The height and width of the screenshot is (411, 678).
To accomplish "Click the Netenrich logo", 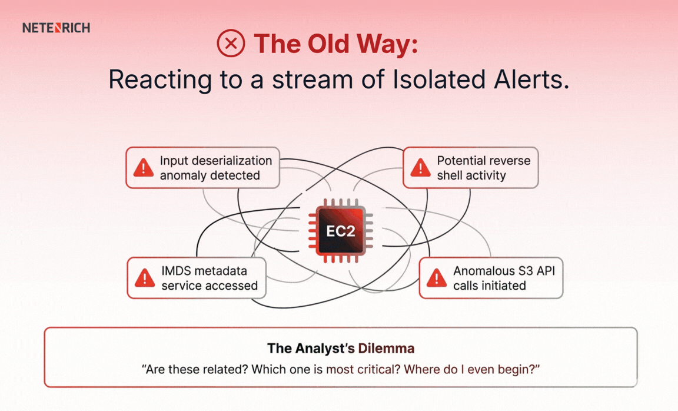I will pyautogui.click(x=56, y=28).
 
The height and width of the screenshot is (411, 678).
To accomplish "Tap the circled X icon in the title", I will pyautogui.click(x=231, y=44).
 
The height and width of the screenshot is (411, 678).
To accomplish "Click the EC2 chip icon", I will pyautogui.click(x=341, y=231).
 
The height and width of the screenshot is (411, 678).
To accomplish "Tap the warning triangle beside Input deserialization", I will pyautogui.click(x=144, y=168).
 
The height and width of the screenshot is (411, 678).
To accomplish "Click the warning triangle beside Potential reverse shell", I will pyautogui.click(x=420, y=168).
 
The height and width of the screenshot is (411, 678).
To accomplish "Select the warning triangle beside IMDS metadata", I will pyautogui.click(x=145, y=278).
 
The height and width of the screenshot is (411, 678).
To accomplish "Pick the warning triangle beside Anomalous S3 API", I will pyautogui.click(x=436, y=278).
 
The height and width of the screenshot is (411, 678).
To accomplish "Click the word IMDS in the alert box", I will pyautogui.click(x=178, y=271).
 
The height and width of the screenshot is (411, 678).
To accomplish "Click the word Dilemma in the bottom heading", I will pyautogui.click(x=386, y=348).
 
